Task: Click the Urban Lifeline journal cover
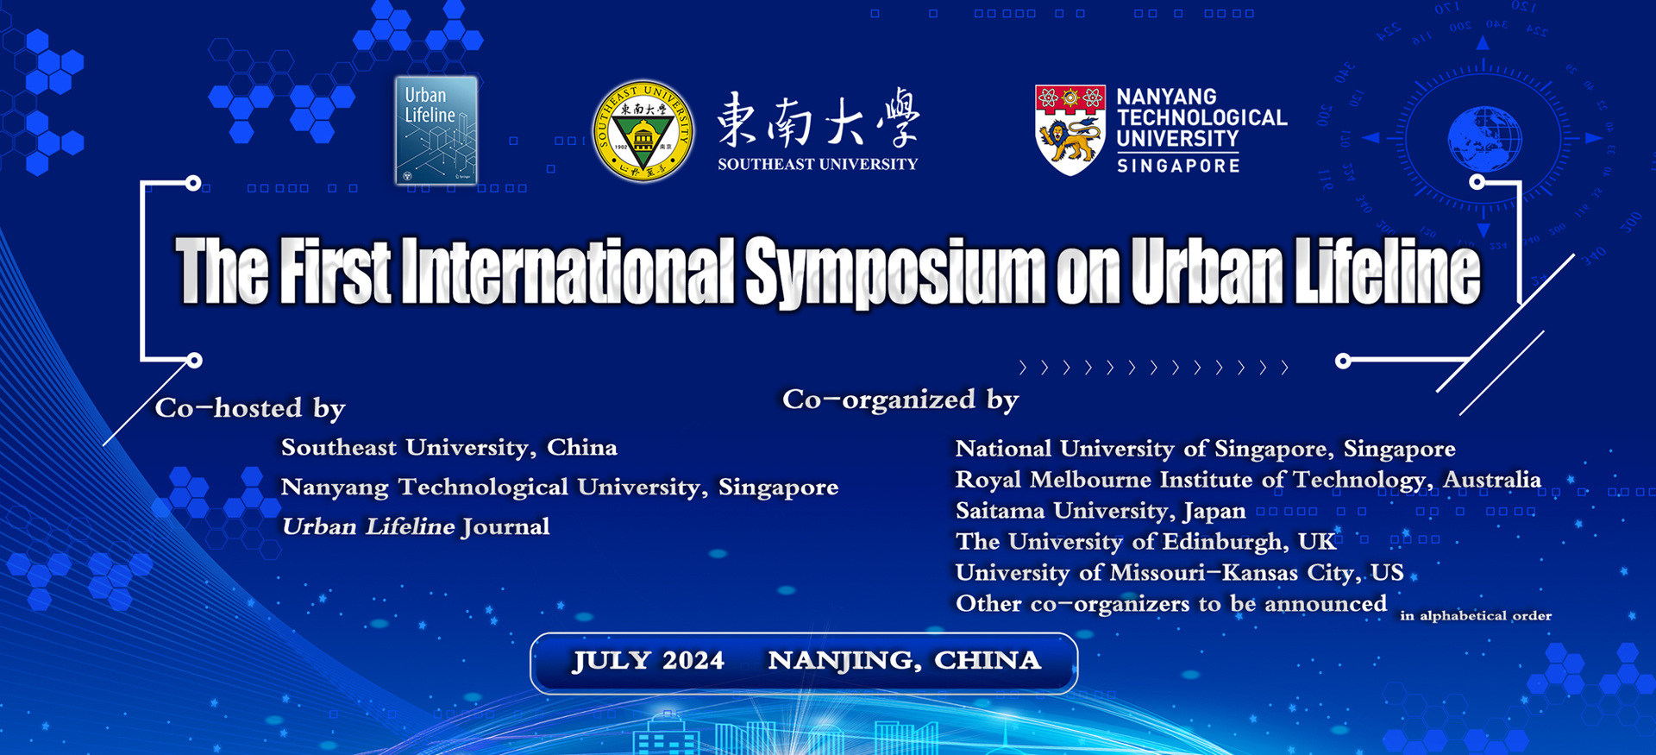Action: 436,130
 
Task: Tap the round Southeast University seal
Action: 643,131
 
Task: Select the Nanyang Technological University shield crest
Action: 1070,130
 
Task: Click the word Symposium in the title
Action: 895,273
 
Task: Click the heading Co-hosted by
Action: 250,408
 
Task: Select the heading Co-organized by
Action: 900,400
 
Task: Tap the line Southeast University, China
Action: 449,448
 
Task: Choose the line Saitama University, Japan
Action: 1101,511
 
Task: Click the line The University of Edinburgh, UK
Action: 1146,542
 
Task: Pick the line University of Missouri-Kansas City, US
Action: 1180,573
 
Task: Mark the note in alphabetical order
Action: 1476,615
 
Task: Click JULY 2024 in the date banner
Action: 649,661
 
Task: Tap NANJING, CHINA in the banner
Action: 905,661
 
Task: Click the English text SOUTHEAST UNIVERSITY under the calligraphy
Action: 818,164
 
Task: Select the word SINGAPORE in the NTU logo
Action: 1178,166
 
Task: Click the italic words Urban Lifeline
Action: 368,526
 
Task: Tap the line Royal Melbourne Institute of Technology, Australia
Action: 1248,480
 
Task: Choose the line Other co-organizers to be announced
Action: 1171,604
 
